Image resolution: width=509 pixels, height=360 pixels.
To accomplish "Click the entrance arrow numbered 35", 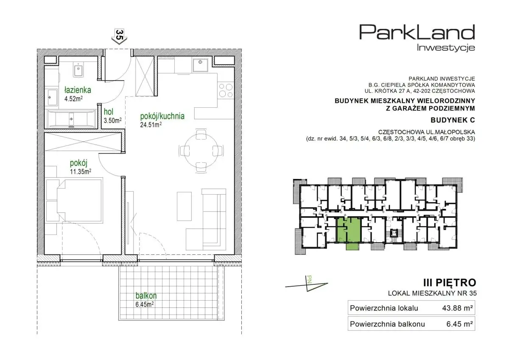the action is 119,37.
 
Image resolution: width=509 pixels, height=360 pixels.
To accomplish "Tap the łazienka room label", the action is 78,90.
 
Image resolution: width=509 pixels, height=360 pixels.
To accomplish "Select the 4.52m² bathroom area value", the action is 73,99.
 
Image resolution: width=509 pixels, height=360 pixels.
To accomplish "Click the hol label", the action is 109,112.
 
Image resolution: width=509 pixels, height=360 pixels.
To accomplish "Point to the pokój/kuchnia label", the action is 162,116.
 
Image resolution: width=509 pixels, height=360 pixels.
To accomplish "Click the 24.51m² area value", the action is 151,125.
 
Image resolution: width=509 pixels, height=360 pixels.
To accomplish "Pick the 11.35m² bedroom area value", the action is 81,171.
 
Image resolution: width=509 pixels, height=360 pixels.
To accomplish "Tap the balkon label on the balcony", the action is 146,296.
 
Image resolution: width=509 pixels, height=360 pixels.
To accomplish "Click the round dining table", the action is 201,151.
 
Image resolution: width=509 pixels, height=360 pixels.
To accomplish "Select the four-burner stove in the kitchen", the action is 226,90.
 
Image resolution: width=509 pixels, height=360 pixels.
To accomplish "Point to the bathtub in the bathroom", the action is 71,119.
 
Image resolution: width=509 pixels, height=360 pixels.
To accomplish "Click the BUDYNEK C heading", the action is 453,120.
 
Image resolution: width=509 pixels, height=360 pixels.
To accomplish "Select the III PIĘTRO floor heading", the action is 450,283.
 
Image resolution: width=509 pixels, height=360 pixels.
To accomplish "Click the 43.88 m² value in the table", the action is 457,308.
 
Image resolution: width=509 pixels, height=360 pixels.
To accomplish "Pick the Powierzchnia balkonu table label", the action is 387,324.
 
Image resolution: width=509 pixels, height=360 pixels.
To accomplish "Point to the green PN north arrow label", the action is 309,279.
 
